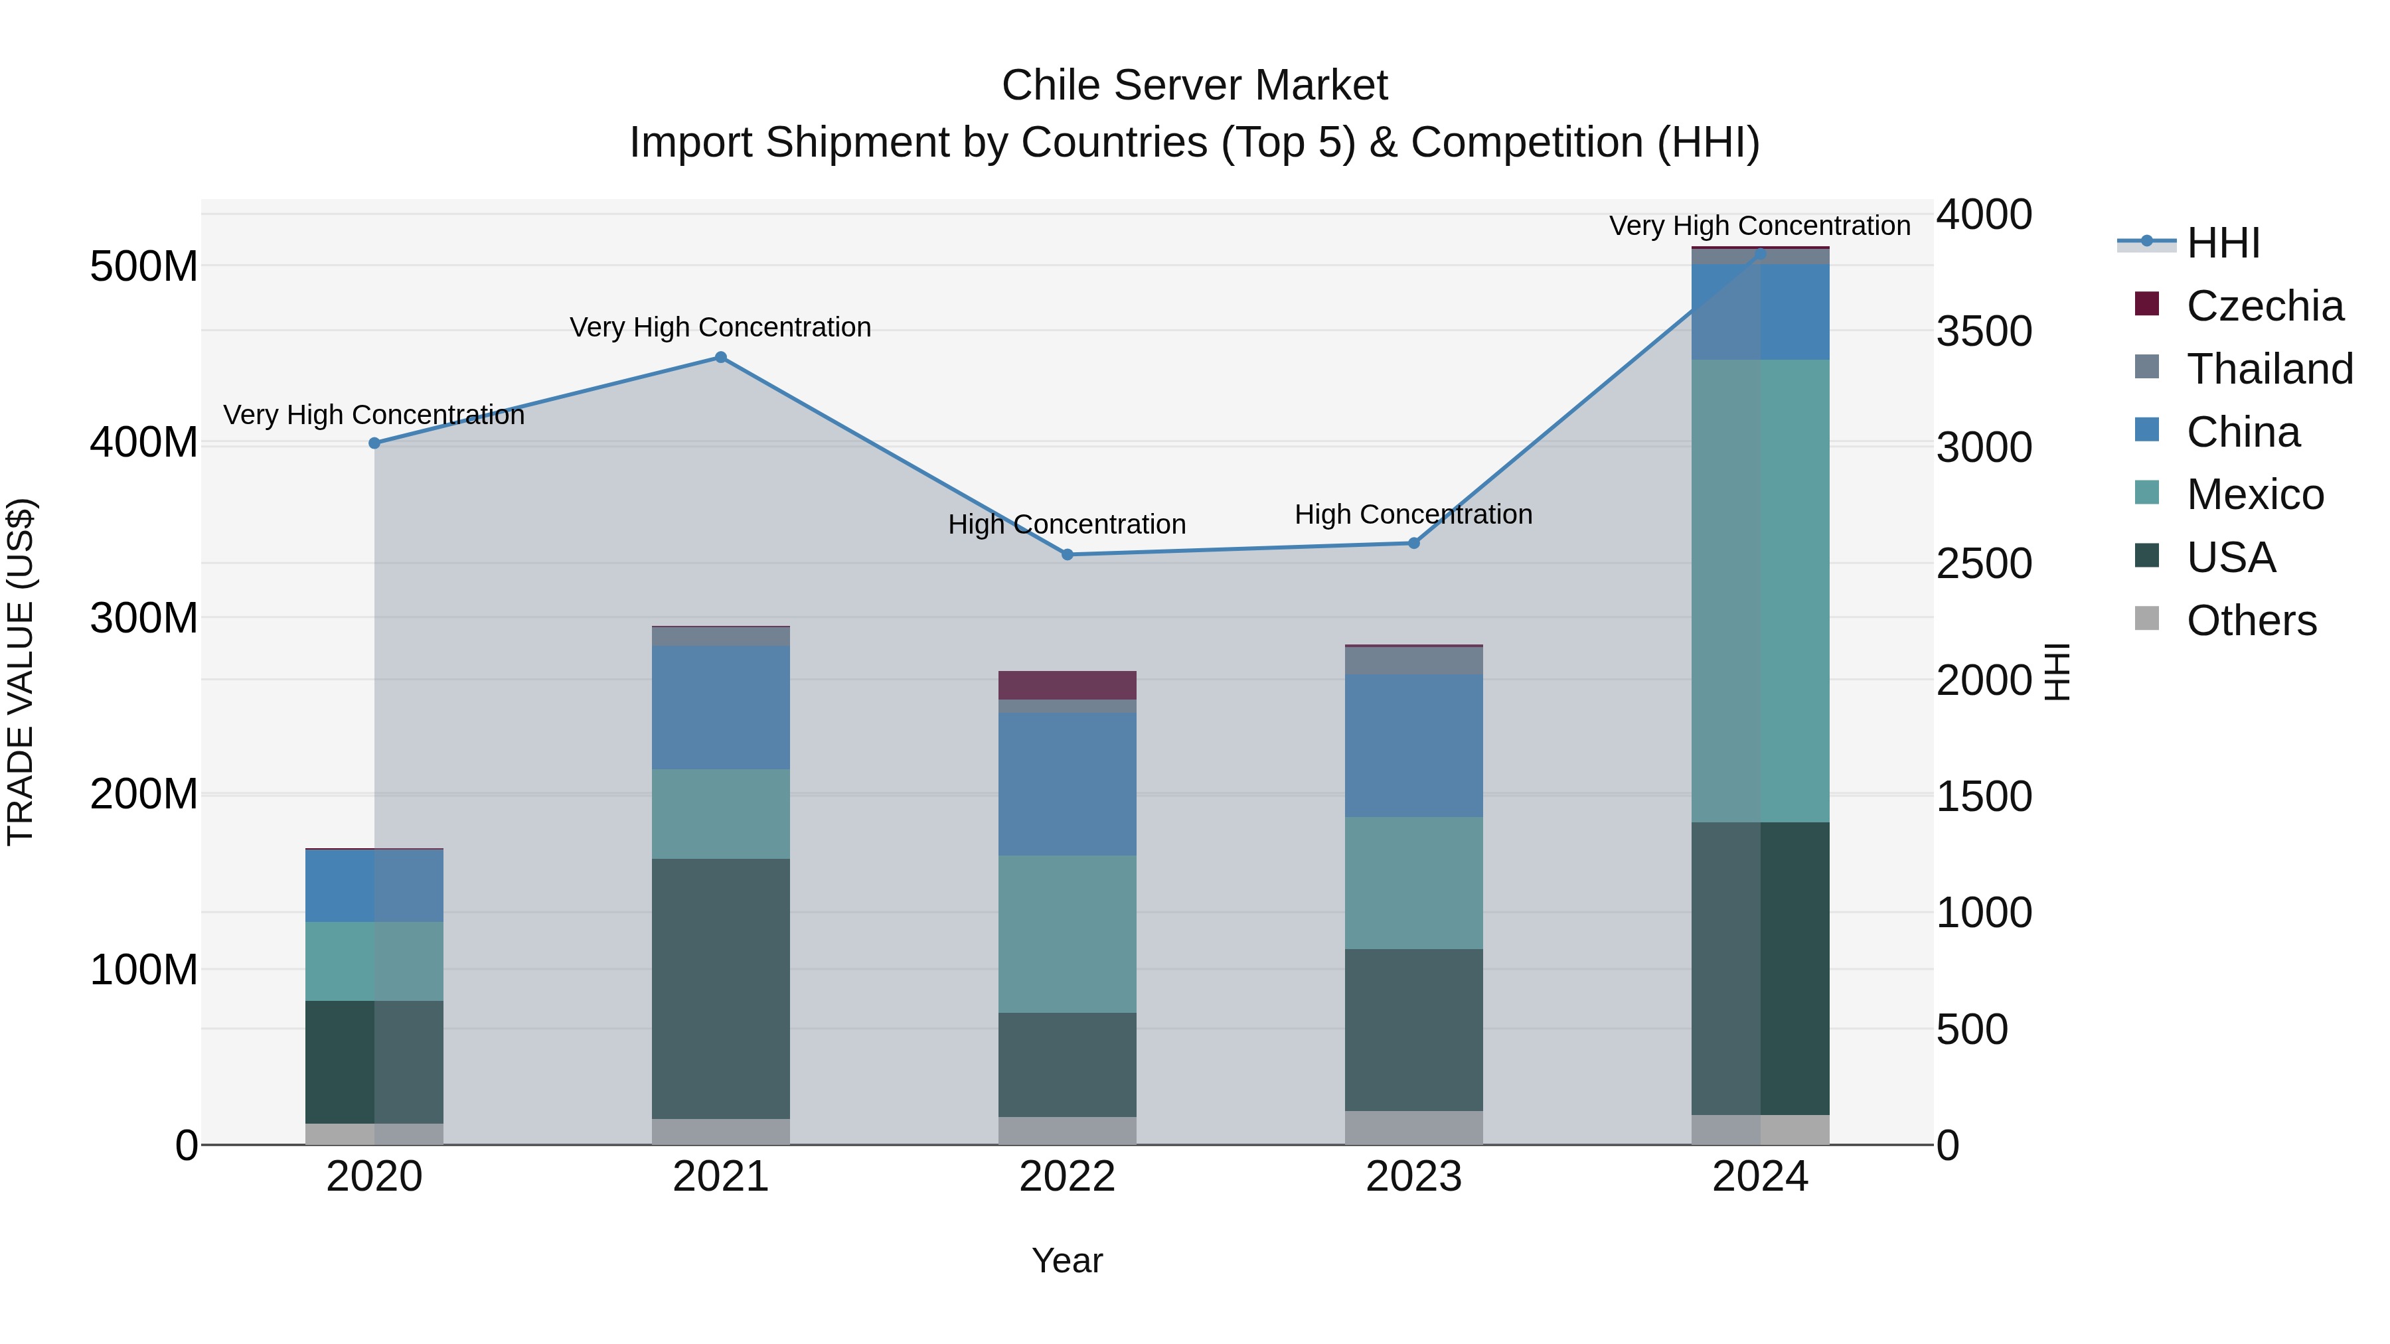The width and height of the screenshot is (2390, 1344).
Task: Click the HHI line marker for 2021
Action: pos(721,357)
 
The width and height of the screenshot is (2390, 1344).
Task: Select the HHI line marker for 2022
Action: pos(1067,555)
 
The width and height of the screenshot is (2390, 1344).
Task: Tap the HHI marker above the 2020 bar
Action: pos(375,443)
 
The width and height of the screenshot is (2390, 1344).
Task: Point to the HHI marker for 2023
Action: pos(1414,543)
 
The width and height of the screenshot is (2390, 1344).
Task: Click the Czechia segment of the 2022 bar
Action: pos(1067,684)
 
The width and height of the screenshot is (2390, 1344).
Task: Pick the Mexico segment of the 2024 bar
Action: pos(1760,590)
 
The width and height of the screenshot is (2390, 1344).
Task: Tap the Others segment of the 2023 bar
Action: pos(1414,1127)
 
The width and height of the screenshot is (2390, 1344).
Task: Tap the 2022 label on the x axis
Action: pos(1067,1177)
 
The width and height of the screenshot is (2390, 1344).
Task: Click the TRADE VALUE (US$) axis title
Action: pos(21,672)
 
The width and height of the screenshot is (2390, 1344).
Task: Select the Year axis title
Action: pos(1067,1260)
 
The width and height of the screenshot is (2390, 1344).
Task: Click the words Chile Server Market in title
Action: pos(1194,86)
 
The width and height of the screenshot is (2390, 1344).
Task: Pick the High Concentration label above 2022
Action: pos(1067,524)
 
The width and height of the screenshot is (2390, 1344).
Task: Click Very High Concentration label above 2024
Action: pos(1759,226)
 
